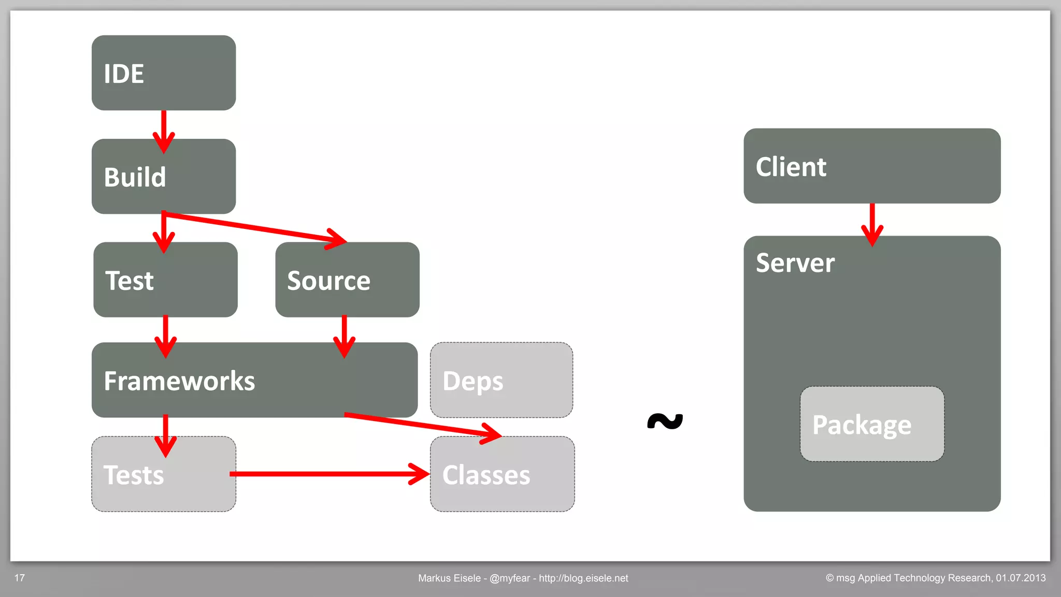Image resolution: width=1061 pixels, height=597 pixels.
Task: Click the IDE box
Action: point(164,72)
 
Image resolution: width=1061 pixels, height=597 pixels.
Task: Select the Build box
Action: point(164,176)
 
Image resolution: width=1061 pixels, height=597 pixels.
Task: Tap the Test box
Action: point(165,280)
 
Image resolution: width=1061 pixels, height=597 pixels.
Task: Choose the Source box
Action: point(347,280)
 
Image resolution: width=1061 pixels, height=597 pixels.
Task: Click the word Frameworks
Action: point(179,381)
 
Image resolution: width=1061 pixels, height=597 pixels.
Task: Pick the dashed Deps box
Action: point(501,380)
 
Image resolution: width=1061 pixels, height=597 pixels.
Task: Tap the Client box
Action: point(872,166)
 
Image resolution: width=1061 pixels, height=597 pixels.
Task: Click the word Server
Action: point(795,263)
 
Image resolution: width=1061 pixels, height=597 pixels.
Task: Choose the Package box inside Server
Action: point(872,424)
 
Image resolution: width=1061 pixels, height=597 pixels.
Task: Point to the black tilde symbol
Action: point(665,421)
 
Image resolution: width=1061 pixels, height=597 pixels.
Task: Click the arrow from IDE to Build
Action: point(164,129)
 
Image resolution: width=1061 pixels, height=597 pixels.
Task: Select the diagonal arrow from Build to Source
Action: point(254,227)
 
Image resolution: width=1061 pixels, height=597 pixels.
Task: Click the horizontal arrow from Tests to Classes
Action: point(326,474)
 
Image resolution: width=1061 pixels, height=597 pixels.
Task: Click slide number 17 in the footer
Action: point(20,578)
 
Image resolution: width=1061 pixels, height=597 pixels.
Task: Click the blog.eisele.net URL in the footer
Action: point(583,578)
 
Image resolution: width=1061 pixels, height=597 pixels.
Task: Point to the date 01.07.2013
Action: point(1020,578)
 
